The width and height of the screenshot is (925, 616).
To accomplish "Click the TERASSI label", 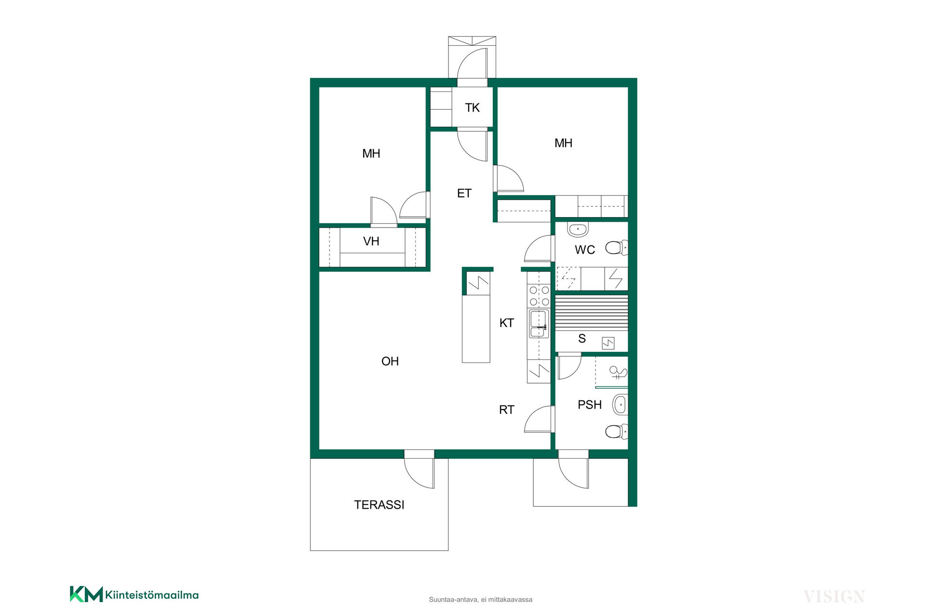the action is click(x=379, y=505).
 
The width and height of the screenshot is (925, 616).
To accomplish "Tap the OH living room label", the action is click(x=390, y=361).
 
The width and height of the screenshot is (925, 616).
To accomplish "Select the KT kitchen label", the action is click(x=506, y=323).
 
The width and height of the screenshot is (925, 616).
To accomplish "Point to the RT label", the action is click(x=506, y=410).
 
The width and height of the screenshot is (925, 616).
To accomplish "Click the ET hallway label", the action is click(x=464, y=193).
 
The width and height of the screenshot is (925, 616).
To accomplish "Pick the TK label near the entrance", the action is click(x=472, y=108).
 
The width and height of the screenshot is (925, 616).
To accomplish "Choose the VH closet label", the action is click(x=371, y=241).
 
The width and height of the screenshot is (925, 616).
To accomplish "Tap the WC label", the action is click(x=585, y=250).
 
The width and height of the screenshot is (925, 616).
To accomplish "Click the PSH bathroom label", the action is click(x=590, y=405).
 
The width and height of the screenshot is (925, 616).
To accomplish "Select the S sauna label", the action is click(x=582, y=339).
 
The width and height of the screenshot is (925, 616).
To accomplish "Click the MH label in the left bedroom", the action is click(x=371, y=154).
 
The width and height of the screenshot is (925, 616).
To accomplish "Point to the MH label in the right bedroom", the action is click(x=563, y=143).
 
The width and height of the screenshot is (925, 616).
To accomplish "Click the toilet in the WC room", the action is click(x=617, y=248).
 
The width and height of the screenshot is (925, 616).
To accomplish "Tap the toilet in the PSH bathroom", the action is click(x=617, y=432).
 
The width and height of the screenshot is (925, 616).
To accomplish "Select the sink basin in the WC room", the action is click(x=578, y=230).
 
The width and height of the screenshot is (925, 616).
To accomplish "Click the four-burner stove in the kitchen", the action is click(x=539, y=296).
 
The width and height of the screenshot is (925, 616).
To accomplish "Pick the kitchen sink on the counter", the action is click(x=539, y=324).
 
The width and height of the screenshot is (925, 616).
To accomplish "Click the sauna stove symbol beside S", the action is click(x=608, y=343).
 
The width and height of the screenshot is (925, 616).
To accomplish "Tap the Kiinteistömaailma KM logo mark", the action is click(x=86, y=594).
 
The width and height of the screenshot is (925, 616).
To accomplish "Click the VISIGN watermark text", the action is click(x=834, y=597).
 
